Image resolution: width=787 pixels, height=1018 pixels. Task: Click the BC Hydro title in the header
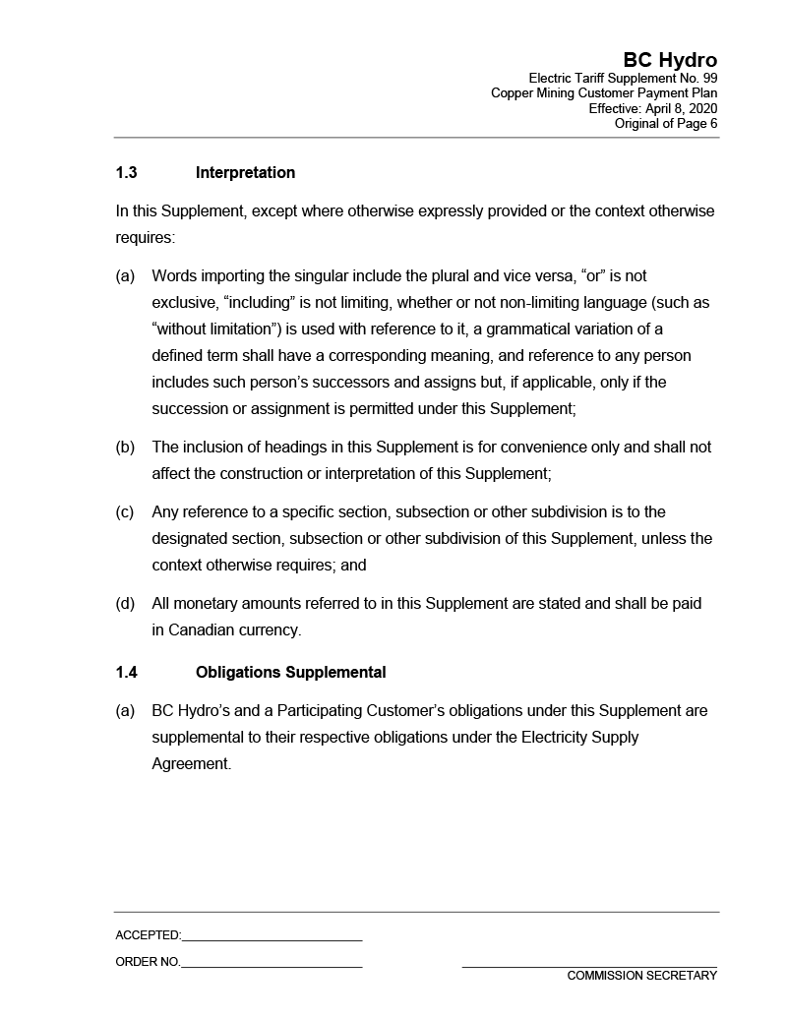tap(669, 61)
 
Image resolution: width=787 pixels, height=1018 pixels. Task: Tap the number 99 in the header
tap(708, 78)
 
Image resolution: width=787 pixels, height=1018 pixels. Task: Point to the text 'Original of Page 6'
tap(665, 124)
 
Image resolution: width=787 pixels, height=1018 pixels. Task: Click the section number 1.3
tap(126, 173)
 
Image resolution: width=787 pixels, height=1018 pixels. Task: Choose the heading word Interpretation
tap(245, 173)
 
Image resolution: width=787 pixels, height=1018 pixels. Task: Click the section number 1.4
tap(126, 673)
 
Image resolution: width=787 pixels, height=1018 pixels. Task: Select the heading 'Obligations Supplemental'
tap(290, 673)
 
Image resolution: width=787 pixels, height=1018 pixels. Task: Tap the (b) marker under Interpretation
tap(125, 448)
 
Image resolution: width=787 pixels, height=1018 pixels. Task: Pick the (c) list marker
tap(125, 512)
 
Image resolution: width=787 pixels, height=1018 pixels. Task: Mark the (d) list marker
tap(125, 604)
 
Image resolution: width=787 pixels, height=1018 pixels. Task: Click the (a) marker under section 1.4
tap(125, 711)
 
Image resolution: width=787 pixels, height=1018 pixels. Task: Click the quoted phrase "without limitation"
tap(215, 329)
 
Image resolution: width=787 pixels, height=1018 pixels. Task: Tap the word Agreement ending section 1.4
tap(191, 764)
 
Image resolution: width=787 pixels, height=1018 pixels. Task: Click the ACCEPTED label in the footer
tap(148, 935)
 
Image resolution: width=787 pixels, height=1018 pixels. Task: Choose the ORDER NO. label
tap(148, 962)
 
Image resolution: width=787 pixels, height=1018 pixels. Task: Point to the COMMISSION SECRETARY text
tap(641, 976)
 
